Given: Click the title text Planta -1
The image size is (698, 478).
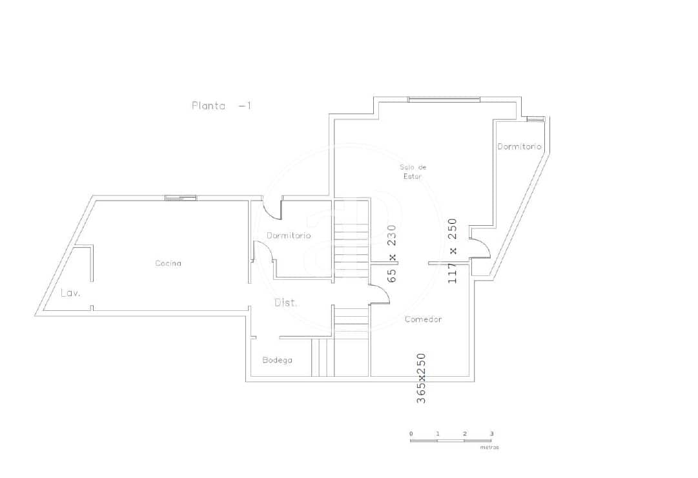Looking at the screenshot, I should click(x=221, y=106).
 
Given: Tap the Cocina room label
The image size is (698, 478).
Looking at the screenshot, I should click(x=168, y=263).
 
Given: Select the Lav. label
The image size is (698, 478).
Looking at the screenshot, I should click(x=70, y=293).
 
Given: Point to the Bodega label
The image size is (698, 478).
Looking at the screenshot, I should click(x=277, y=360).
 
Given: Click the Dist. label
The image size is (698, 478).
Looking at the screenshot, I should click(x=286, y=303).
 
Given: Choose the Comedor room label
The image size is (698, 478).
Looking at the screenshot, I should click(x=423, y=319).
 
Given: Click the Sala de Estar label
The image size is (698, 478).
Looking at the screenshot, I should click(x=413, y=172).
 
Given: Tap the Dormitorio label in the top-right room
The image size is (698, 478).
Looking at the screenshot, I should click(x=519, y=146).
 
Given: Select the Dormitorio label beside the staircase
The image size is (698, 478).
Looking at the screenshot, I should click(x=289, y=235).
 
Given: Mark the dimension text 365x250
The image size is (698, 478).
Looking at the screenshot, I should click(x=421, y=378).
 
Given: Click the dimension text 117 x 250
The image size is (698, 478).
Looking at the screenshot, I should click(x=453, y=251).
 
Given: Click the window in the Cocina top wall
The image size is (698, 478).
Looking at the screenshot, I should click(x=181, y=197).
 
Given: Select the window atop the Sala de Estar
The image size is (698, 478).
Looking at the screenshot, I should click(x=444, y=99).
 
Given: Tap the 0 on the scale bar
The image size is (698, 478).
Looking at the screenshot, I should click(x=411, y=433).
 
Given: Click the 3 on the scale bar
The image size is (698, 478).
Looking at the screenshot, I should click(x=491, y=433).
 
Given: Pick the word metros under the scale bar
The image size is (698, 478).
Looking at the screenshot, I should click(x=489, y=447).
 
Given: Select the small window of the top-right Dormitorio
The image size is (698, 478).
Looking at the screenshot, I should click(x=535, y=119).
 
